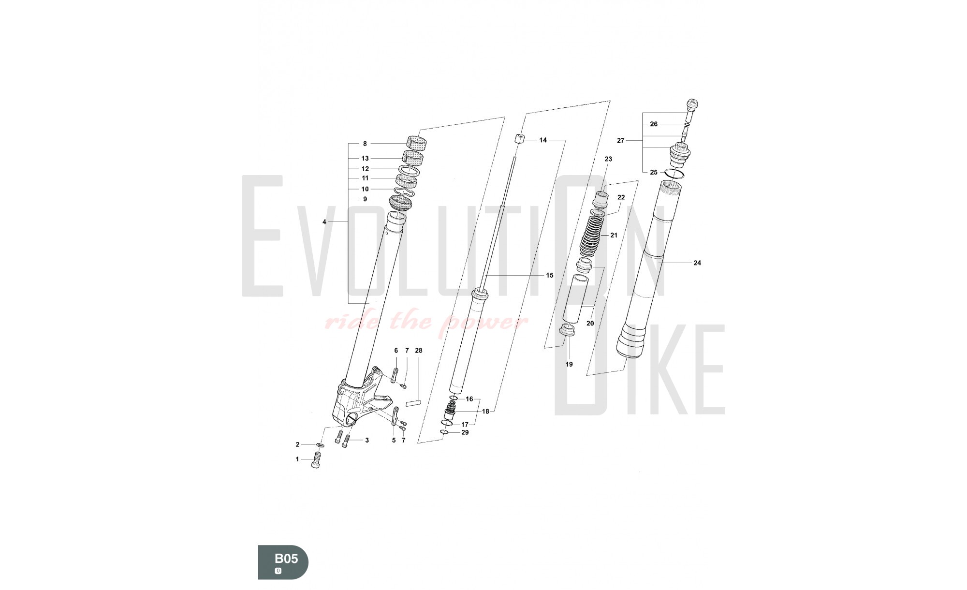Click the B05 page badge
(x=283, y=562)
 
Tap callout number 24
(x=697, y=263)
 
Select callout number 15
(x=550, y=276)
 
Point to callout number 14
(x=543, y=140)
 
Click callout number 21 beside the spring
(x=614, y=236)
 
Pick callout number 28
(x=419, y=351)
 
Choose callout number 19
(x=569, y=364)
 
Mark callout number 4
(x=324, y=222)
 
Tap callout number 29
(x=465, y=432)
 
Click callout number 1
(x=297, y=459)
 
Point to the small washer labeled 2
(x=320, y=444)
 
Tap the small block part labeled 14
(x=519, y=138)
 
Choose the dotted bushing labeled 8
(x=416, y=143)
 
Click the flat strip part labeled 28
(x=414, y=402)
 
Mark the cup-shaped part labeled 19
(x=567, y=331)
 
